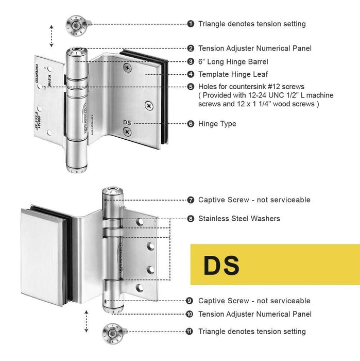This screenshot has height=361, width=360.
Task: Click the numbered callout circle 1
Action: click(x=191, y=24)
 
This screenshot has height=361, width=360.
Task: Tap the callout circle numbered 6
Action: click(x=191, y=124)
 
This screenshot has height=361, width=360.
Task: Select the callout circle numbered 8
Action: click(x=191, y=219)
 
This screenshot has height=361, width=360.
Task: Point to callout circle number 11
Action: click(x=191, y=332)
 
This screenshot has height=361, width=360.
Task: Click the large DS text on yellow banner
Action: click(x=221, y=265)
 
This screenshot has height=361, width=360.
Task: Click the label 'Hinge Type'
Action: click(x=217, y=124)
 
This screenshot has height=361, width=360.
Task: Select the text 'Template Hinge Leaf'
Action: click(x=233, y=74)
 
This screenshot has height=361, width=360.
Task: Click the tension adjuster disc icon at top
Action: click(x=75, y=24)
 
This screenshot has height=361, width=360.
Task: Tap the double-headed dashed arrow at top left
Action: click(x=52, y=35)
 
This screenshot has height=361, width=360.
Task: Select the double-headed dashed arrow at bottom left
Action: click(x=87, y=322)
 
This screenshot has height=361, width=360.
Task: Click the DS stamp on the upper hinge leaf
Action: click(x=127, y=122)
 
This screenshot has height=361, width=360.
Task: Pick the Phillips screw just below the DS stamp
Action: click(x=127, y=133)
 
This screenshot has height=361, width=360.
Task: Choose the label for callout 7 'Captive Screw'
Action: click(x=254, y=200)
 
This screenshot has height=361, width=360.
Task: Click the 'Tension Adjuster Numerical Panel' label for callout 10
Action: click(x=254, y=314)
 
